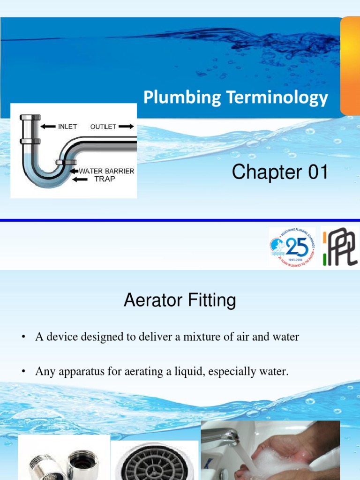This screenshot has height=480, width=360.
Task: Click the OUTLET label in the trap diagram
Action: pyautogui.click(x=103, y=127)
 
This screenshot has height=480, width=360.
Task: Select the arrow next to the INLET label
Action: pyautogui.click(x=48, y=126)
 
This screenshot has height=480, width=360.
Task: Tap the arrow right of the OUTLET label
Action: pyautogui.click(x=126, y=126)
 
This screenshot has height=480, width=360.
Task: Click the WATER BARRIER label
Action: pyautogui.click(x=106, y=171)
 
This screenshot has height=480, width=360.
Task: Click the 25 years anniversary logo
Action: pyautogui.click(x=292, y=247)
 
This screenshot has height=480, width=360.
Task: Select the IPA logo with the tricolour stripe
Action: pyautogui.click(x=339, y=247)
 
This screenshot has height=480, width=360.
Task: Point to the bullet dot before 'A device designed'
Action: pyautogui.click(x=22, y=337)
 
